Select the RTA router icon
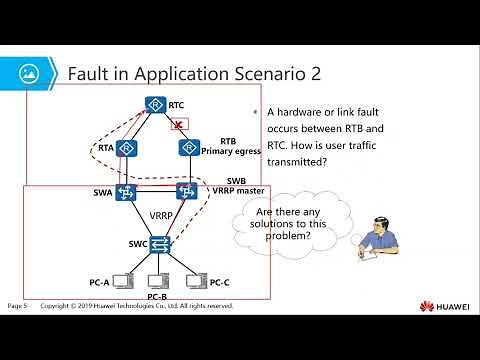coord(127,149)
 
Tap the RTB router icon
coord(187,149)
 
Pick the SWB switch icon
coord(186,192)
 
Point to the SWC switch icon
coord(156,243)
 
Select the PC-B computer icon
coord(156,282)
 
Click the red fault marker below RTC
coord(177,125)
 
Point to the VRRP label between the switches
coord(161,215)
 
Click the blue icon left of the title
coord(33,73)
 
